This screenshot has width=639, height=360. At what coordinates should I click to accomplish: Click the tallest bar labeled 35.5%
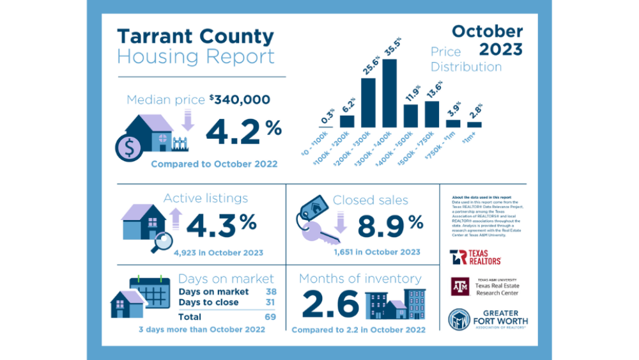pyautogui.click(x=389, y=93)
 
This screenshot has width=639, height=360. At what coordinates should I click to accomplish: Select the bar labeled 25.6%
pyautogui.click(x=368, y=102)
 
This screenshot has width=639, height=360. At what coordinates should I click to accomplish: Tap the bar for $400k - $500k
pyautogui.click(x=411, y=116)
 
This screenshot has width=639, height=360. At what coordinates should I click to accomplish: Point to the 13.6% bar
pyautogui.click(x=432, y=114)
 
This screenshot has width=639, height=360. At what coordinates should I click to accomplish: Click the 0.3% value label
pyautogui.click(x=326, y=116)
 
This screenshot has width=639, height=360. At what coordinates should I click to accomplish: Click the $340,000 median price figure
pyautogui.click(x=240, y=99)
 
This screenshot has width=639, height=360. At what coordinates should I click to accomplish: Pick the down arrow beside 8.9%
pyautogui.click(x=339, y=221)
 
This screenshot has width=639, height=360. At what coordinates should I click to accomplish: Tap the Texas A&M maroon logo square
pyautogui.click(x=459, y=286)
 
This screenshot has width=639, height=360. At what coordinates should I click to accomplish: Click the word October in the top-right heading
pyautogui.click(x=487, y=31)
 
